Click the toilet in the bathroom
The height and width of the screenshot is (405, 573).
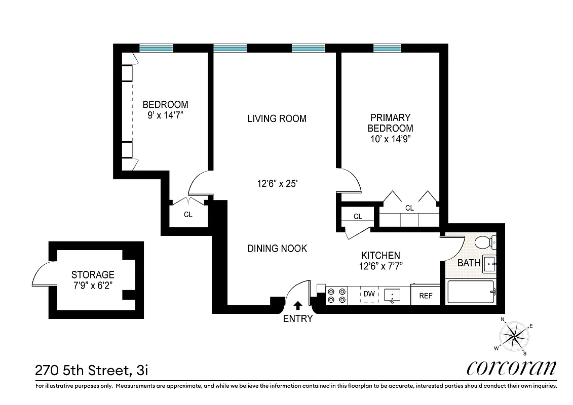click(x=485, y=243)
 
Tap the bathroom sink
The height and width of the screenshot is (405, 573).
click(x=488, y=263)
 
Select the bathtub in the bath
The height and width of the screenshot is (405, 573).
click(x=471, y=292)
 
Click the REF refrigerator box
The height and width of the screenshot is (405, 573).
click(x=426, y=296)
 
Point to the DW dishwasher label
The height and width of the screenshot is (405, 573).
click(x=369, y=294)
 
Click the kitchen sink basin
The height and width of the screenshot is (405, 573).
click(x=393, y=294)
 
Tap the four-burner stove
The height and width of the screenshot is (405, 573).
click(x=336, y=295)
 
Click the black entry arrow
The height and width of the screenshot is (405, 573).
click(x=298, y=305)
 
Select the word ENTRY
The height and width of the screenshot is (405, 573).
click(x=298, y=319)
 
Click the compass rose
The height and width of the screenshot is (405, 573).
click(x=514, y=337)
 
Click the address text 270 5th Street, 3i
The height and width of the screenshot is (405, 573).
click(x=91, y=371)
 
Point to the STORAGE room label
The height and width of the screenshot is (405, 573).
click(x=93, y=274)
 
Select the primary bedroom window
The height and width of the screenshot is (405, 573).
click(x=388, y=48)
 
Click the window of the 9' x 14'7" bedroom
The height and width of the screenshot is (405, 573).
click(x=156, y=48)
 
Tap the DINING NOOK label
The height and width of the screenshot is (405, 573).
click(x=277, y=249)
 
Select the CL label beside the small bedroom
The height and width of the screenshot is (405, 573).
click(x=188, y=215)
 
